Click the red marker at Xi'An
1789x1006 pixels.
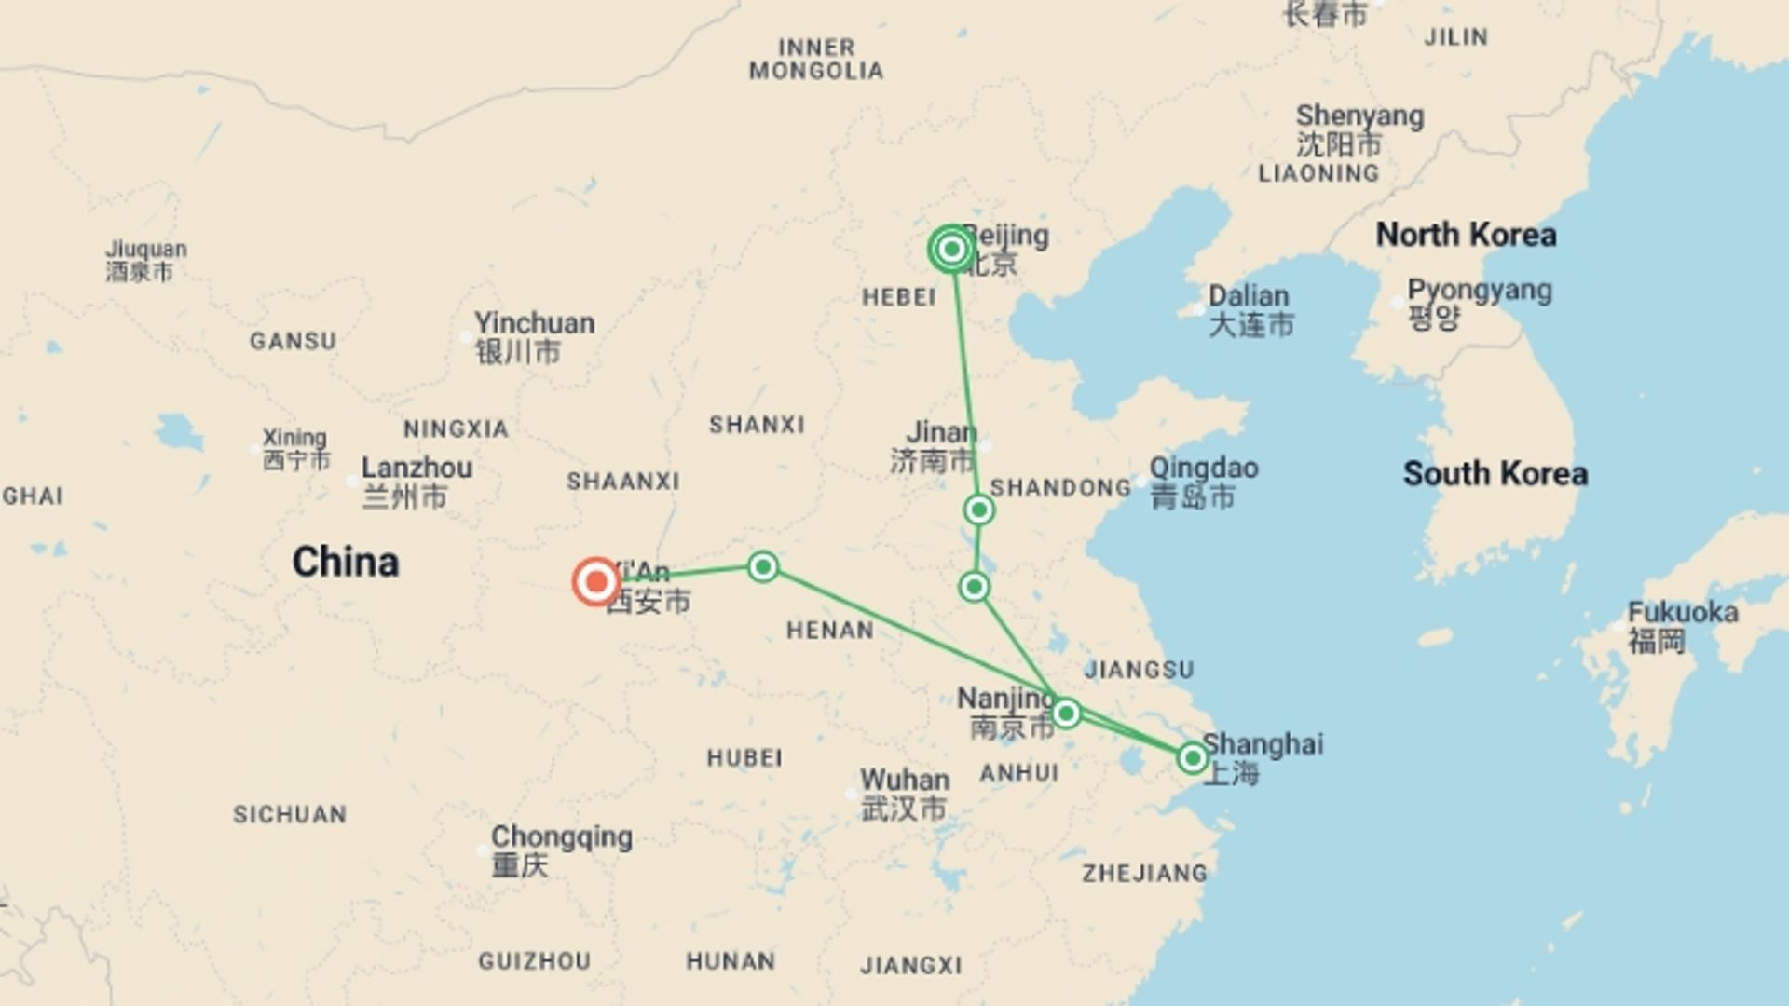point(596,582)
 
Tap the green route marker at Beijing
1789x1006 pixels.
point(951,250)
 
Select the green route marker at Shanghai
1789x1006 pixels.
point(1192,758)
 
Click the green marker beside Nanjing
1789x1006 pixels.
point(1066,714)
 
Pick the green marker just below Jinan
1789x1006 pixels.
point(979,510)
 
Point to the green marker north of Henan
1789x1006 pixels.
point(763,566)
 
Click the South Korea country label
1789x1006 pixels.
point(1495,474)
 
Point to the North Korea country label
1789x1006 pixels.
point(1466,235)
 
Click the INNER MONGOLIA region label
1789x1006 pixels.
point(816,59)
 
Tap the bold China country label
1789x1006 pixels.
point(346,562)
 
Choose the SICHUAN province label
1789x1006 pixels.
point(290,814)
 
